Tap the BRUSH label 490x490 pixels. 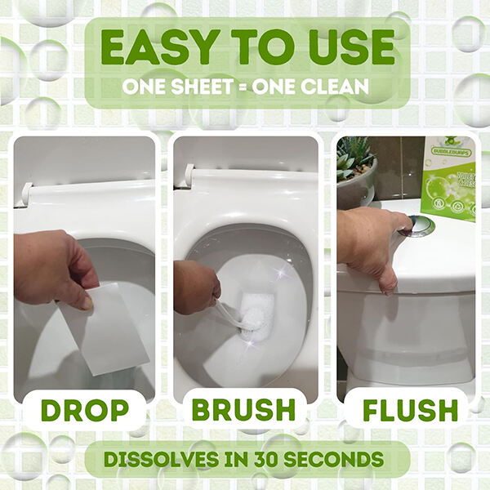pos(245,410)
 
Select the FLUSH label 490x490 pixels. pos(405,410)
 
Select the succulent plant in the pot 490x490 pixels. pos(356,158)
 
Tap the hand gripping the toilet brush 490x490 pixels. pos(196,286)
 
